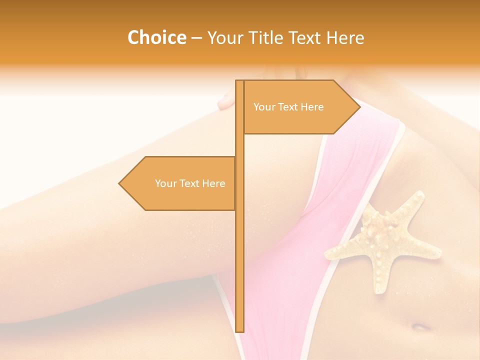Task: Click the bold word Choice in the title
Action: (x=156, y=37)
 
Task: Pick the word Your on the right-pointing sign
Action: (x=264, y=107)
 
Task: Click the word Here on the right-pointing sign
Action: (x=312, y=107)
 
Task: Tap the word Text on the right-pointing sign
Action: (x=287, y=107)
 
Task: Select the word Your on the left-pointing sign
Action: (x=165, y=183)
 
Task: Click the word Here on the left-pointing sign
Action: (x=213, y=183)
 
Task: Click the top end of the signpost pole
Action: (x=239, y=81)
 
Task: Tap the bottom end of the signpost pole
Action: (x=239, y=330)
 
